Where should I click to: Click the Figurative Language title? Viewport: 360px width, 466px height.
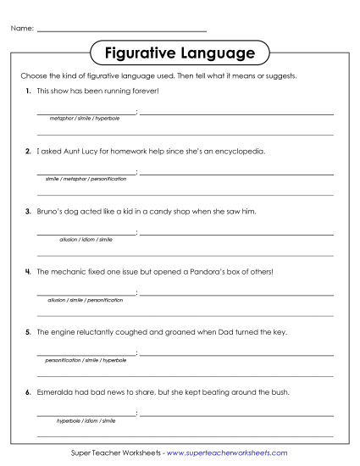point(180,53)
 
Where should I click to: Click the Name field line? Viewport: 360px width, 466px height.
point(122,31)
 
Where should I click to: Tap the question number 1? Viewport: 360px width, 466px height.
point(28,90)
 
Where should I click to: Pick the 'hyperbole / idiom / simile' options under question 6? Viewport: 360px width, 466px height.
point(86,420)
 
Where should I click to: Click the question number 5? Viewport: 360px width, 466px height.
point(28,332)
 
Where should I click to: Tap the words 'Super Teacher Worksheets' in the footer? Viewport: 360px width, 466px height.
point(114,453)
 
